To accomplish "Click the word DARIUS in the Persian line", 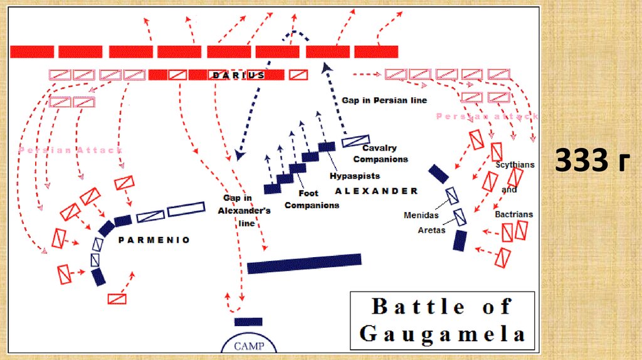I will point(238,75).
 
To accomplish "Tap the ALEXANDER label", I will point(376,191).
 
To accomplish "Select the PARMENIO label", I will point(154,240).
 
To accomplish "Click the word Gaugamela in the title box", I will point(442,333).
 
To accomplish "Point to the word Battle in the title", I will point(418,307).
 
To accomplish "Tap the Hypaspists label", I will point(355,176).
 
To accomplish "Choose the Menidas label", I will point(421,216).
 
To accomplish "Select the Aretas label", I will point(432,230).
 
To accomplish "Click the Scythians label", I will point(515,165).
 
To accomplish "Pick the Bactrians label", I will point(514,214).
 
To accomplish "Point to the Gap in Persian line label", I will point(384,100).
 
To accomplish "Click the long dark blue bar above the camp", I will point(304,263).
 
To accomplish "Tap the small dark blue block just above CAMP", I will point(248,322).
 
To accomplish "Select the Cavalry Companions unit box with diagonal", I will point(355,140).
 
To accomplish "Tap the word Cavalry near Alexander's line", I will point(379,149).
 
